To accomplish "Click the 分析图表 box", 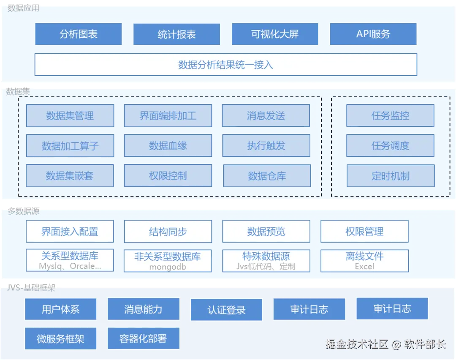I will pyautogui.click(x=79, y=34).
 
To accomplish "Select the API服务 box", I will pyautogui.click(x=373, y=34).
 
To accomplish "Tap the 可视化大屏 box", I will pyautogui.click(x=275, y=34).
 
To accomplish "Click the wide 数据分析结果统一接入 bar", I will pyautogui.click(x=226, y=65).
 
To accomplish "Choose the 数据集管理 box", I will pyautogui.click(x=70, y=116).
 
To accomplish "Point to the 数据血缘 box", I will pyautogui.click(x=168, y=146).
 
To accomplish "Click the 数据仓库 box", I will pyautogui.click(x=267, y=176).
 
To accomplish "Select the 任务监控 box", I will pyautogui.click(x=390, y=116).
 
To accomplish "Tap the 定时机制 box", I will pyautogui.click(x=390, y=176).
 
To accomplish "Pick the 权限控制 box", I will pyautogui.click(x=168, y=176).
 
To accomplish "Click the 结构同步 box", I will pyautogui.click(x=168, y=232).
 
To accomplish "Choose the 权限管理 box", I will pyautogui.click(x=364, y=232).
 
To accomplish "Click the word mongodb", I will pyautogui.click(x=168, y=267).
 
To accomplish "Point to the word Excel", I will pyautogui.click(x=364, y=267).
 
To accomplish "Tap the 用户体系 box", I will pyautogui.click(x=61, y=309).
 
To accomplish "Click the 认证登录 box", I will pyautogui.click(x=226, y=310).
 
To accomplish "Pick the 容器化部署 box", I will pyautogui.click(x=144, y=338).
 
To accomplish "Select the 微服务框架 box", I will pyautogui.click(x=61, y=338).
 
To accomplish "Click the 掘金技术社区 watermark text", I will pyautogui.click(x=357, y=344).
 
